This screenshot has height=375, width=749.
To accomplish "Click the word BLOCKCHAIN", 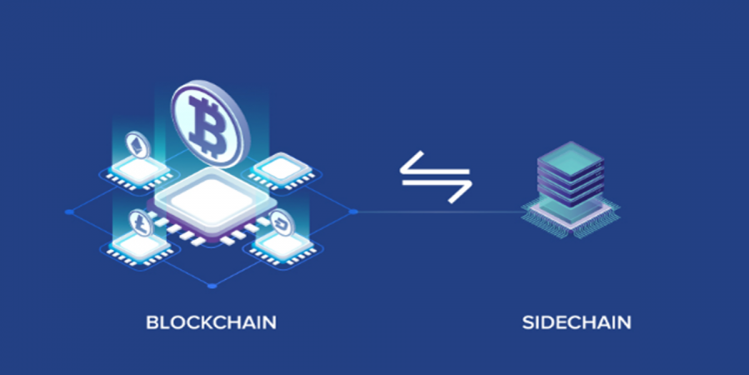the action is (x=211, y=322).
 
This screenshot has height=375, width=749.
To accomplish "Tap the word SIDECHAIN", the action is (x=577, y=322).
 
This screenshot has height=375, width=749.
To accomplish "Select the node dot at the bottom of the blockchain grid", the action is (x=211, y=286).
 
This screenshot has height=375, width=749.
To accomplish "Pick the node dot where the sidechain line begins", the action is (x=353, y=212).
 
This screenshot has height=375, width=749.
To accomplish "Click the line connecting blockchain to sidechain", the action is (x=439, y=212).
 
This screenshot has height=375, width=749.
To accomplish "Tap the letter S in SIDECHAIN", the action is (x=527, y=322).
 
